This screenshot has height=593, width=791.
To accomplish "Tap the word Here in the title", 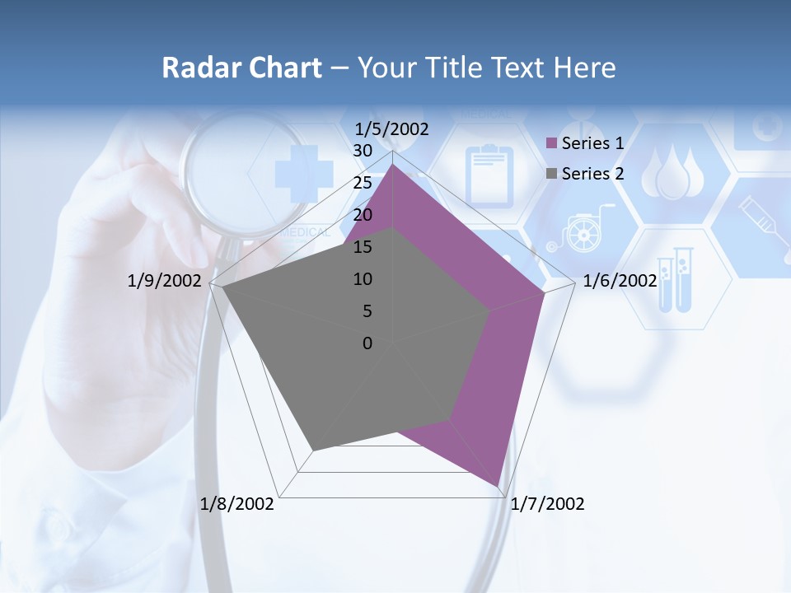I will (584, 68).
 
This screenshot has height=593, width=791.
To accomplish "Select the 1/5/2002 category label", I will (392, 129).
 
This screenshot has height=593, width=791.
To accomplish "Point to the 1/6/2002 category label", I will (619, 281).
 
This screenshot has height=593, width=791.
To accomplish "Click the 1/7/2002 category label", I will (547, 504).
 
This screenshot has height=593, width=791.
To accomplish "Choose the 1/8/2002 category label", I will (237, 504).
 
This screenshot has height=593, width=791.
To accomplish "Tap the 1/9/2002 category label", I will (164, 281).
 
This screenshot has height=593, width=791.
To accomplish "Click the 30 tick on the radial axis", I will (363, 152).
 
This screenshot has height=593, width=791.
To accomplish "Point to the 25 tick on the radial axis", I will (363, 183).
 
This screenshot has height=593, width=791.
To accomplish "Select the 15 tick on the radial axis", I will (363, 247).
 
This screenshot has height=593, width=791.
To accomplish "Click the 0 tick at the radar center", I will (367, 343).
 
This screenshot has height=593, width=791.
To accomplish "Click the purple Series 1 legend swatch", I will (551, 144).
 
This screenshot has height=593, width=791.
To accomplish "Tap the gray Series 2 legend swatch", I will (551, 174).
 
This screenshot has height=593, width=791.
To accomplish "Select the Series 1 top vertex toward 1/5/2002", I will (393, 165).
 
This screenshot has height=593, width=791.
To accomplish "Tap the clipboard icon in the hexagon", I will (489, 174).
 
